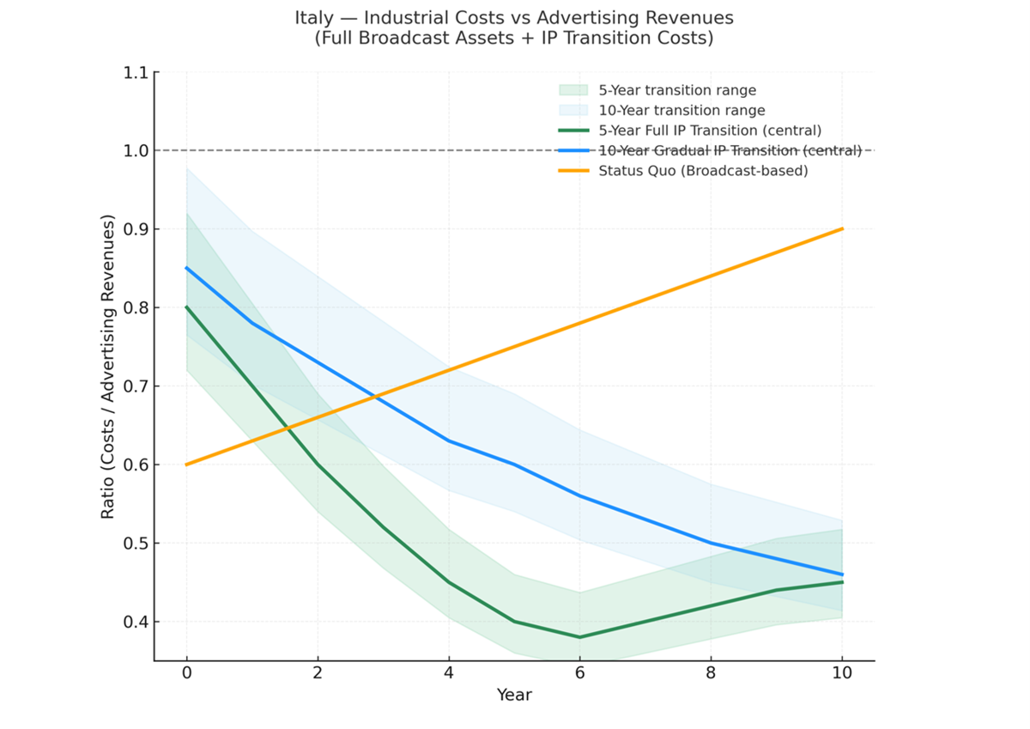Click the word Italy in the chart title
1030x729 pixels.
(x=313, y=18)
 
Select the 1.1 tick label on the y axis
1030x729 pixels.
(x=136, y=73)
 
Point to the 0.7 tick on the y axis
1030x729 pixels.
(x=136, y=386)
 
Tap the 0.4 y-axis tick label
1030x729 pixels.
(x=136, y=622)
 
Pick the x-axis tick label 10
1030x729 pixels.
(x=842, y=674)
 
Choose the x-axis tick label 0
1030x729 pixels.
(x=187, y=674)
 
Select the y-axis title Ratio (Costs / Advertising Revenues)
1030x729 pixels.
(x=108, y=368)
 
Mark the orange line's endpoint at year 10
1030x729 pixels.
(x=842, y=228)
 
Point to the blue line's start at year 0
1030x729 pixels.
(x=187, y=268)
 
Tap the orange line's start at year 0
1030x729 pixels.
(x=187, y=465)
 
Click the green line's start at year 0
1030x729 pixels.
(x=187, y=307)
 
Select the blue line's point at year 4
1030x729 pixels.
(x=449, y=440)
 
